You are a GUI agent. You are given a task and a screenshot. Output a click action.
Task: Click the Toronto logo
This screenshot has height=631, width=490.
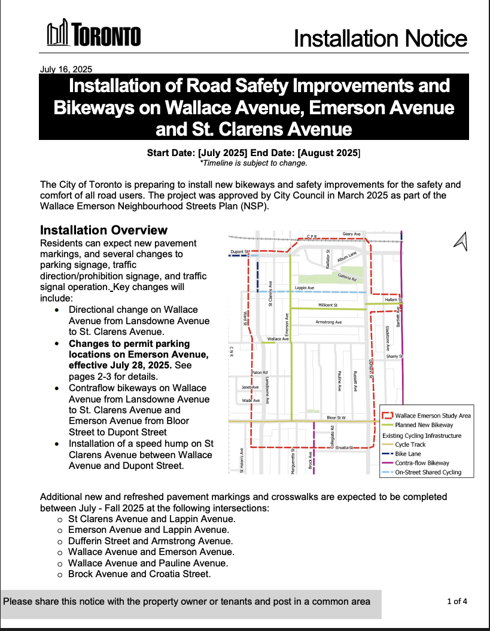click(x=94, y=34)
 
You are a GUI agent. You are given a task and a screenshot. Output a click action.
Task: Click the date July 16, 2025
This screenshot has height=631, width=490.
click(x=66, y=69)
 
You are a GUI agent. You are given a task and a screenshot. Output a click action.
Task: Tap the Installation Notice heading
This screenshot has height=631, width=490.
click(x=380, y=39)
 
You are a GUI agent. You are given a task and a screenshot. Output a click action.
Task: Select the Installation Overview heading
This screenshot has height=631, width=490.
click(x=104, y=230)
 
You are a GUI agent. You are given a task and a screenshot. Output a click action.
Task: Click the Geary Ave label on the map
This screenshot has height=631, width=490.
click(x=351, y=234)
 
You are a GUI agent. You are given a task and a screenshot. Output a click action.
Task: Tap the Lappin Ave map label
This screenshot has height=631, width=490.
click(x=305, y=288)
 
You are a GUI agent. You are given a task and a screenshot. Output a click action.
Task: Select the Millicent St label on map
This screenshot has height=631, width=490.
click(x=327, y=305)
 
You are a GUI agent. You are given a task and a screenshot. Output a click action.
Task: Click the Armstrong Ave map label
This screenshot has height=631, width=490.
click(x=328, y=322)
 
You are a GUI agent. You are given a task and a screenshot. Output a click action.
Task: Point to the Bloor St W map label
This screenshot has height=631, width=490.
click(x=336, y=417)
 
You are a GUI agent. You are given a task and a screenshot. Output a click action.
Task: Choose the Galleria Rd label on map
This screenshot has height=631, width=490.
click(x=347, y=278)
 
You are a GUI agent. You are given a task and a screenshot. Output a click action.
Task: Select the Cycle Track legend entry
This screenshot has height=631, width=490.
click(x=411, y=444)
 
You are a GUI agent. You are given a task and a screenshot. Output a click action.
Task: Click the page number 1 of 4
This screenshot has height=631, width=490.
click(x=457, y=601)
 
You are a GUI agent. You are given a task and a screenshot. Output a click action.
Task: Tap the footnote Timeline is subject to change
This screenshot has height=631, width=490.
click(x=254, y=163)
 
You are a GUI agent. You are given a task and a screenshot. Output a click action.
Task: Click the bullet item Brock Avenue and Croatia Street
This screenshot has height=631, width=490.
click(x=139, y=574)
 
